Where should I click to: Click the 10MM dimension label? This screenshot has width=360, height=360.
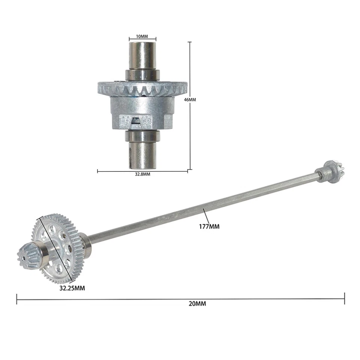(142, 36)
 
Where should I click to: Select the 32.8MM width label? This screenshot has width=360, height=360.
(142, 174)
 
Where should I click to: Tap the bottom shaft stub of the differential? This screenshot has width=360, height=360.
(142, 154)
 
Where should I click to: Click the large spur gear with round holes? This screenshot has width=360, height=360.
(56, 247)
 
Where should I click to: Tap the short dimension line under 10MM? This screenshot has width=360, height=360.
(142, 39)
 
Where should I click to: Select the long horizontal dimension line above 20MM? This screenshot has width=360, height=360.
(180, 299)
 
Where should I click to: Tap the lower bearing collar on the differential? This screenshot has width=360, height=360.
(142, 135)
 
